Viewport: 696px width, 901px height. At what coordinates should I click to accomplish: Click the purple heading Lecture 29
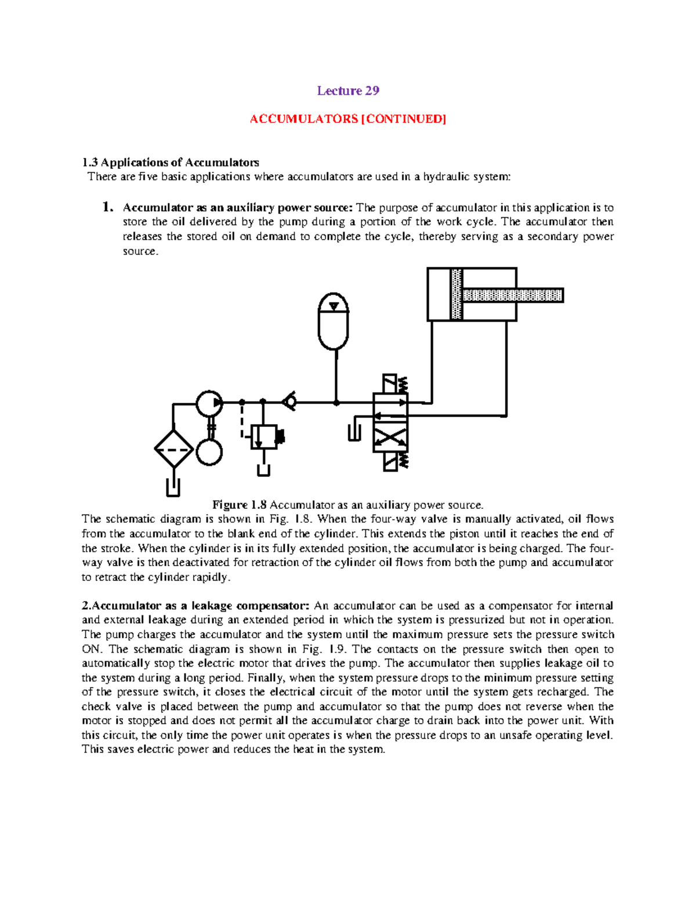[x=348, y=91]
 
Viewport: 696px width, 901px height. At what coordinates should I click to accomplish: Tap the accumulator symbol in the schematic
[x=333, y=321]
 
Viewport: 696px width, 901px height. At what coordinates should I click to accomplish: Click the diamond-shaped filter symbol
[x=173, y=449]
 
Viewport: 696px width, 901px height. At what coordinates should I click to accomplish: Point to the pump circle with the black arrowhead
[x=209, y=403]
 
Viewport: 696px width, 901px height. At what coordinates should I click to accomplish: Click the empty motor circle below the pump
[x=209, y=451]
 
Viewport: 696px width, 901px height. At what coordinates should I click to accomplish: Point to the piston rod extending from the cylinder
[x=513, y=295]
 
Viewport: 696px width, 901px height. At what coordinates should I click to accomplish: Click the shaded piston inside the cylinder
[x=456, y=294]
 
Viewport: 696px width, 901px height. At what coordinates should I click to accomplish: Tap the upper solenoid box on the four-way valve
[x=390, y=383]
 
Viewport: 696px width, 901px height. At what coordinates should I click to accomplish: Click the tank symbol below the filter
[x=173, y=488]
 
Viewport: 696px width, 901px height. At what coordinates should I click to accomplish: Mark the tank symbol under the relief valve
[x=264, y=469]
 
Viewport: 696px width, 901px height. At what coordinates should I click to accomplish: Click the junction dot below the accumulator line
[x=336, y=402]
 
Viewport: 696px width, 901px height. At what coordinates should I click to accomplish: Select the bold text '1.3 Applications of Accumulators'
[x=171, y=162]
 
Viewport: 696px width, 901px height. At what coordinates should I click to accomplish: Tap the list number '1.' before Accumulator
[x=107, y=207]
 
